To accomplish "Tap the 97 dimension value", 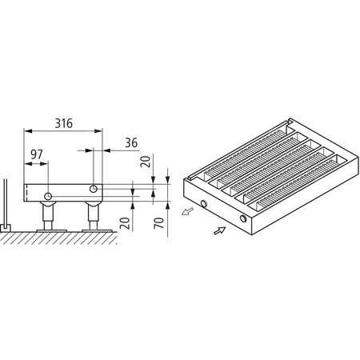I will tap(37, 153).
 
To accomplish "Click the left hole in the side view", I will tap(50, 197).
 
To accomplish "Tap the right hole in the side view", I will tap(94, 189).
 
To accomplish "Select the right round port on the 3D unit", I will tap(242, 219).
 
